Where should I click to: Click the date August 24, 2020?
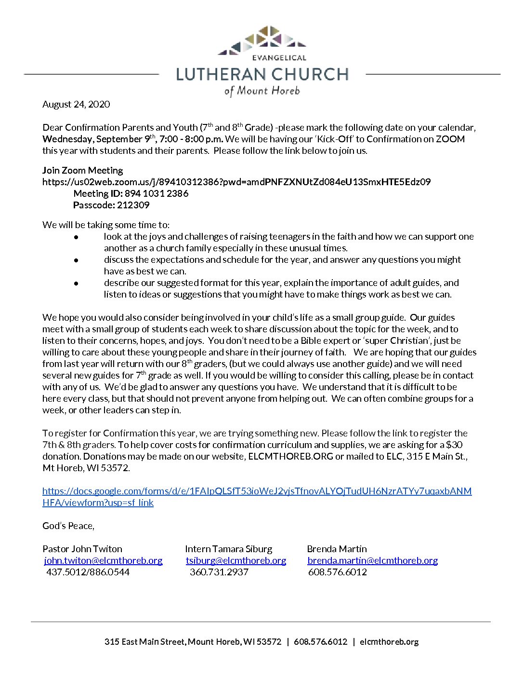(x=76, y=104)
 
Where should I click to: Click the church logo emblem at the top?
(x=262, y=40)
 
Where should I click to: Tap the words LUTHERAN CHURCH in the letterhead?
(x=262, y=74)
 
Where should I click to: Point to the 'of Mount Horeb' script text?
(x=262, y=91)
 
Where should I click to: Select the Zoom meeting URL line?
(x=236, y=182)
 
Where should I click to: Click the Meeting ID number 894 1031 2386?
(x=157, y=193)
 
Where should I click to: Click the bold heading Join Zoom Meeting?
(x=82, y=170)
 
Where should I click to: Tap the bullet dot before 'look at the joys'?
(x=76, y=237)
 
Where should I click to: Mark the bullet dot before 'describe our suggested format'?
(x=76, y=283)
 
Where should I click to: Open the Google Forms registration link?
(x=257, y=491)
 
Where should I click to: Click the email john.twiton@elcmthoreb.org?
(x=103, y=560)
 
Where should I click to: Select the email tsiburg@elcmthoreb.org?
(x=236, y=560)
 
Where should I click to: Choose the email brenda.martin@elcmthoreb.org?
(x=372, y=560)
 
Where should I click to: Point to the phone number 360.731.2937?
(x=219, y=572)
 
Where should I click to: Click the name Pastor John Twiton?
(x=82, y=549)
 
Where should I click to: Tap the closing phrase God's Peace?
(x=68, y=526)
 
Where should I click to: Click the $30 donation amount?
(x=454, y=445)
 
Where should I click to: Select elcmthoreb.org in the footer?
(x=389, y=641)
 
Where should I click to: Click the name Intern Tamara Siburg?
(x=228, y=549)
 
